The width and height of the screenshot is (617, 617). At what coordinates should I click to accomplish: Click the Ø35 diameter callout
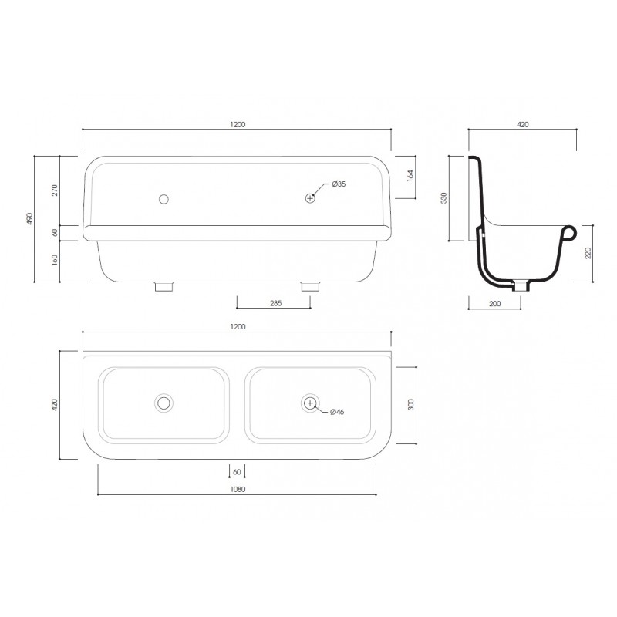click(339, 184)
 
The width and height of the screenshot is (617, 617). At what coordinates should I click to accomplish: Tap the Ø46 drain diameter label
click(337, 412)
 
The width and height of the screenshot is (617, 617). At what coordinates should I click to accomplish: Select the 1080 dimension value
click(238, 489)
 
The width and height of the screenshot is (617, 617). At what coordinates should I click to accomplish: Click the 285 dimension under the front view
click(276, 303)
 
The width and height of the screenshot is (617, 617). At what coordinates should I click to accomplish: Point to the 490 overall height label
click(29, 218)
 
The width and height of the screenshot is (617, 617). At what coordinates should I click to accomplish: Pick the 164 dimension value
click(410, 175)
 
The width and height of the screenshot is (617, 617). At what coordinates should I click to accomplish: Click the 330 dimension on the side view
click(444, 197)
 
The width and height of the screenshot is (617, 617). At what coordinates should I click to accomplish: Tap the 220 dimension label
click(588, 253)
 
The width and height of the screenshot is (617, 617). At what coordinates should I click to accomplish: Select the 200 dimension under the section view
click(494, 303)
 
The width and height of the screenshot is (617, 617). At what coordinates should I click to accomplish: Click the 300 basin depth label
click(411, 404)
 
